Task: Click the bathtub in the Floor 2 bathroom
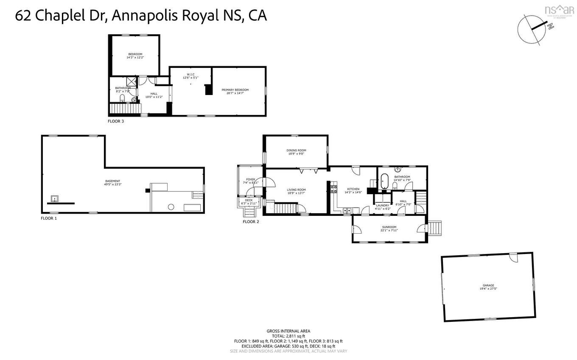point(384,181)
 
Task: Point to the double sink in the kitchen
point(347,210)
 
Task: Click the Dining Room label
point(297,150)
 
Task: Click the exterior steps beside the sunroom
point(435,228)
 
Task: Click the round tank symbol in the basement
point(171,207)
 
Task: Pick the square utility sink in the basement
point(54,198)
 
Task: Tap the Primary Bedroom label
point(235,90)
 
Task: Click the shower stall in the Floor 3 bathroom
point(131,82)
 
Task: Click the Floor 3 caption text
point(116,121)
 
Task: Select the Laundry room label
point(382,205)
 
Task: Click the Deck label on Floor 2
point(249,200)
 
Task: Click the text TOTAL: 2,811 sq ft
point(288,336)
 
